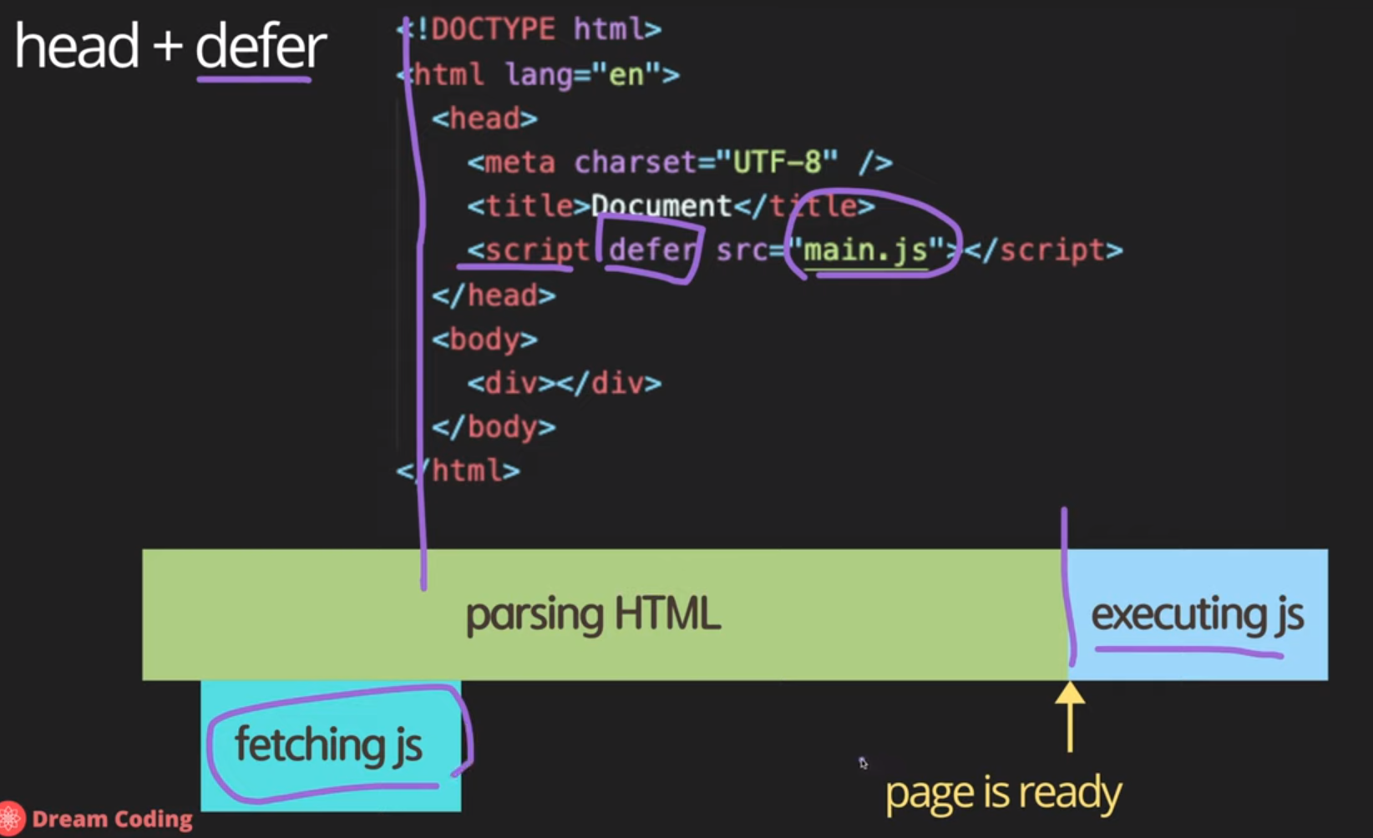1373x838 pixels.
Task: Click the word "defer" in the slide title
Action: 260,47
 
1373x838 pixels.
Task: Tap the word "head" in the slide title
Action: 77,47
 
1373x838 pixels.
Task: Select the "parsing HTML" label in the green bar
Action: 592,615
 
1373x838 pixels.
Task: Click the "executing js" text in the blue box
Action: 1196,615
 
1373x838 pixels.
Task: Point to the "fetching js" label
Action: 328,744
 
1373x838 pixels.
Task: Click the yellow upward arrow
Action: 1070,717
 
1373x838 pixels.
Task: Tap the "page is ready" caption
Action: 1003,793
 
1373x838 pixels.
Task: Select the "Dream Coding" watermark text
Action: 112,820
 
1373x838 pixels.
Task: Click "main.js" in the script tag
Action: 865,250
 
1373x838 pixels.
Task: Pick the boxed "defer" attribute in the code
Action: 651,250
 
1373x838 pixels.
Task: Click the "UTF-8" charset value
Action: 777,162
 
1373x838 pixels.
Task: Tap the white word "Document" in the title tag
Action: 661,205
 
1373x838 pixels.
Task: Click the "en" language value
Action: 626,75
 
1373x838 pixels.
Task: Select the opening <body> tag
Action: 484,340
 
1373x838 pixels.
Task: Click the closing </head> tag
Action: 494,295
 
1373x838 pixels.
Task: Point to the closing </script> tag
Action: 1043,250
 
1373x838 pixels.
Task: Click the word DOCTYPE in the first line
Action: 493,30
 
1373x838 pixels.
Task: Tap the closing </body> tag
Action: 494,427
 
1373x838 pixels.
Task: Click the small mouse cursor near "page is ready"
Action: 863,763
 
